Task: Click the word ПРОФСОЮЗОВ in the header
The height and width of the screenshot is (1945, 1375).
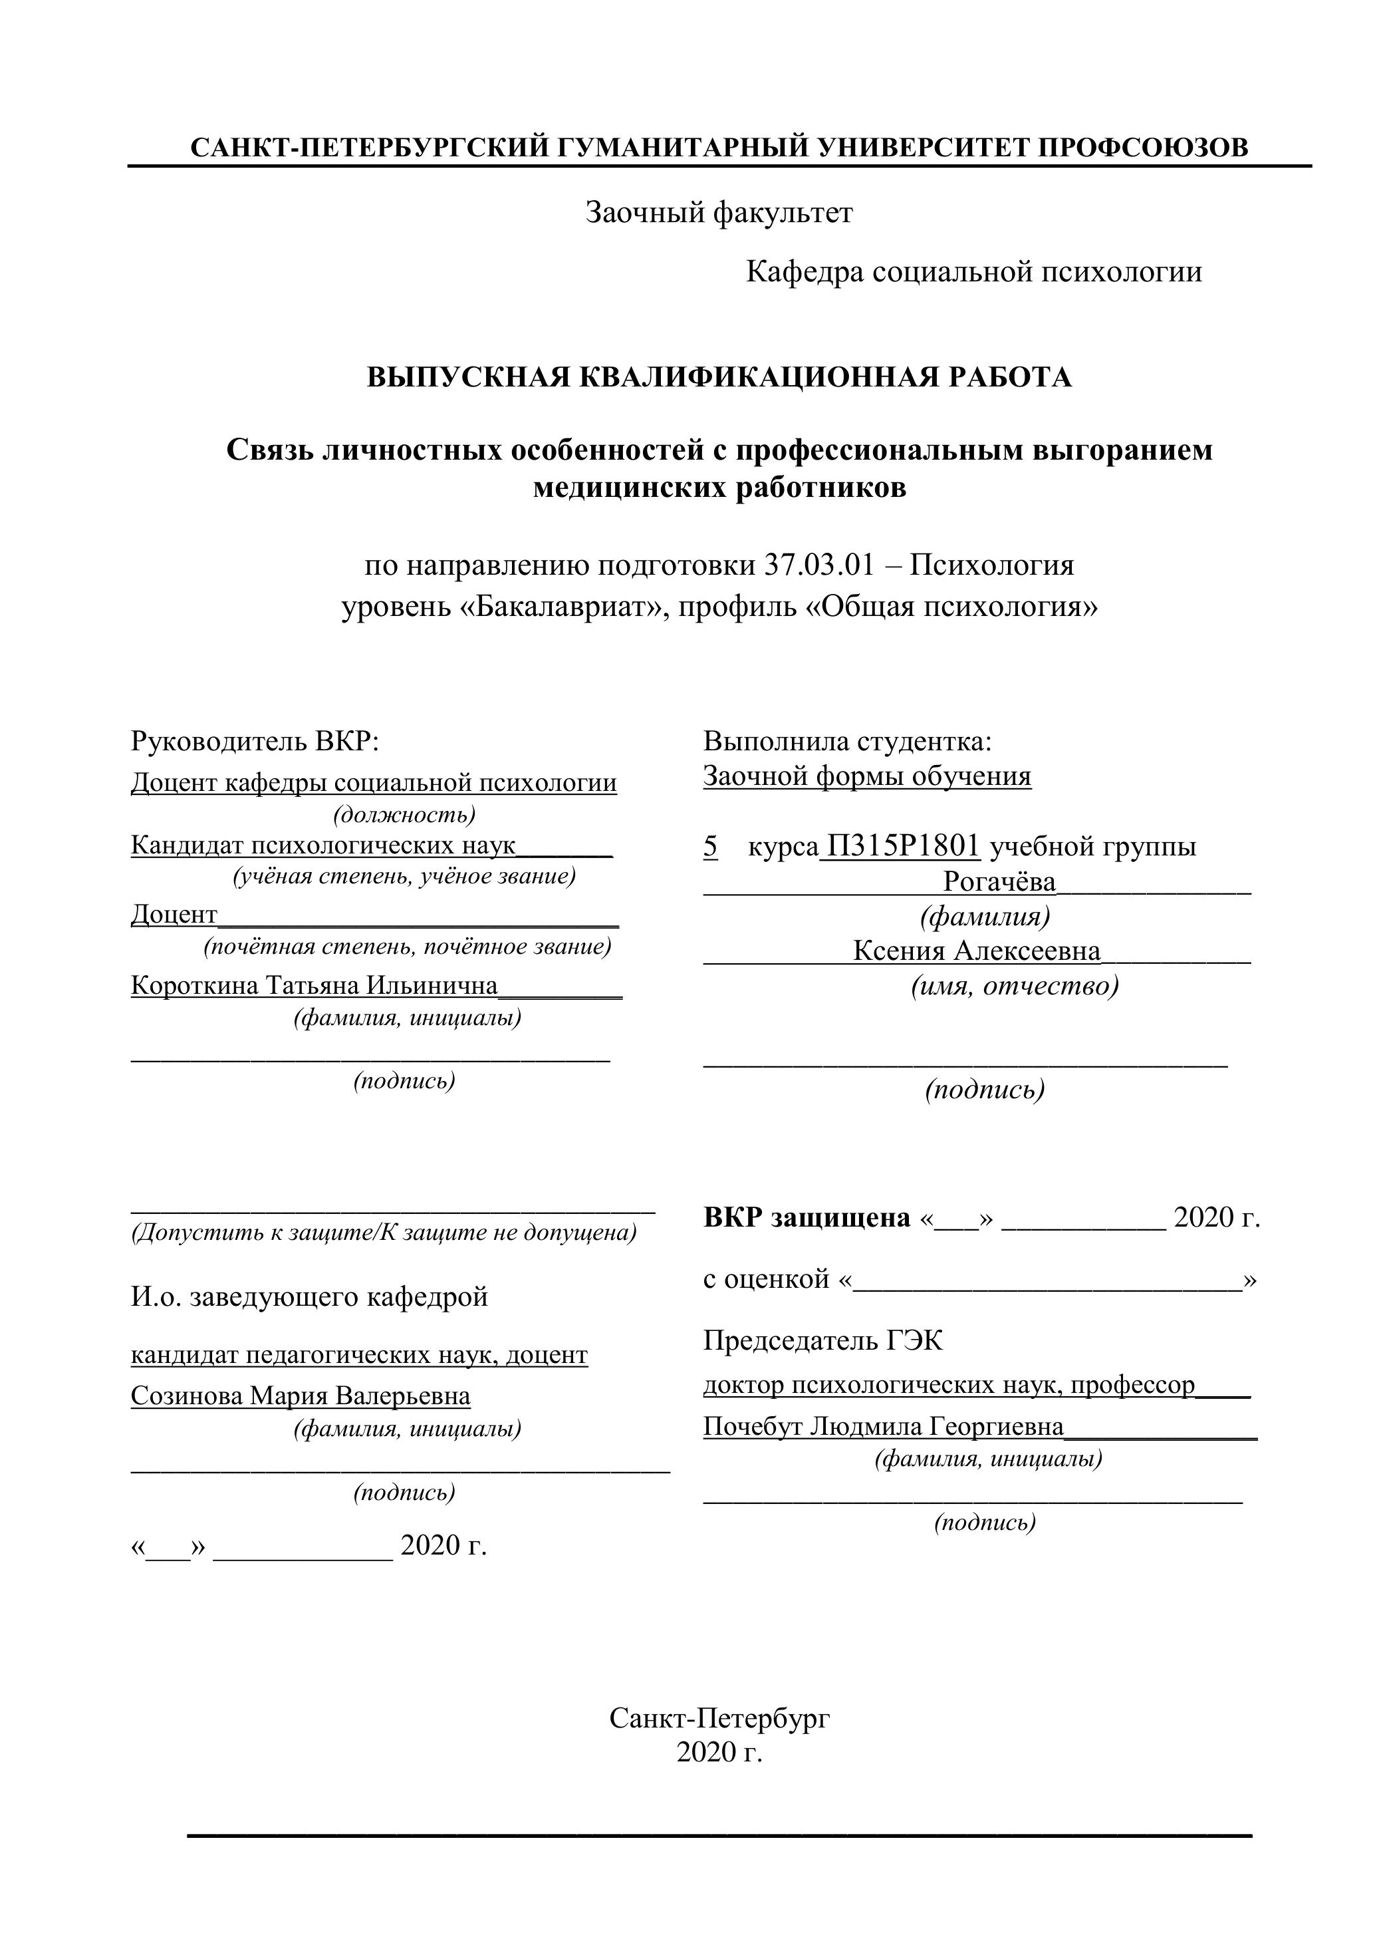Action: (1143, 148)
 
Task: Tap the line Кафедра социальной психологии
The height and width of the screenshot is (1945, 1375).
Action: (973, 272)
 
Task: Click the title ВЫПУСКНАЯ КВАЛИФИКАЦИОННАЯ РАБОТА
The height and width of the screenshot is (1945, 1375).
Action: (719, 377)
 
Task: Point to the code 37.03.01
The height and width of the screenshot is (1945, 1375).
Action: (818, 564)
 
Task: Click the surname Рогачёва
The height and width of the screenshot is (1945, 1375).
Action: (999, 882)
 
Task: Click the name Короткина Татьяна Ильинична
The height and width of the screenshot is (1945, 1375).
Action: (314, 985)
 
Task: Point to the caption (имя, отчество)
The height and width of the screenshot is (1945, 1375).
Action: (1015, 986)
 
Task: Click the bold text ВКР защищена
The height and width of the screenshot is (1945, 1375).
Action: (806, 1217)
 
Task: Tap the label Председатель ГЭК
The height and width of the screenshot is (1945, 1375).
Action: (822, 1340)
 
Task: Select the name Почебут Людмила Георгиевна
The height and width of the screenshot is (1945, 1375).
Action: (883, 1427)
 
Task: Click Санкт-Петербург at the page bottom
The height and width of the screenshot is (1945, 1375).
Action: (719, 1718)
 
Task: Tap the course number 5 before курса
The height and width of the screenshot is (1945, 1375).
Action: (710, 845)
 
